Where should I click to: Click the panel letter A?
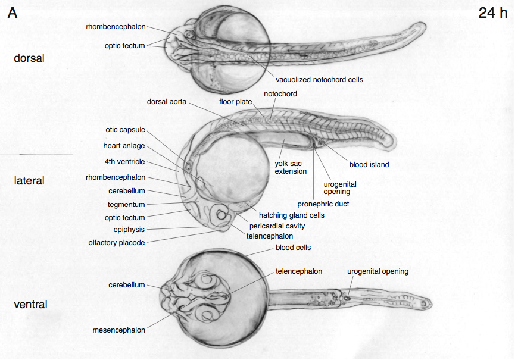pos(13,13)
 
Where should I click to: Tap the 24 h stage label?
pos(492,13)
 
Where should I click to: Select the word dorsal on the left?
pos(29,58)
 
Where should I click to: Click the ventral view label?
pos(30,305)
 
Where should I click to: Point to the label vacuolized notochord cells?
pos(319,79)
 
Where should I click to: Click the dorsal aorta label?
pos(167,102)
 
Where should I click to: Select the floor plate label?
pos(236,102)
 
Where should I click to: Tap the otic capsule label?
pos(125,130)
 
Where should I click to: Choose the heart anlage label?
pos(124,146)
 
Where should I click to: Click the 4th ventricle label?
pos(124,162)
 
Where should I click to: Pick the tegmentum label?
pos(126,205)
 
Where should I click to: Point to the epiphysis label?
pos(129,229)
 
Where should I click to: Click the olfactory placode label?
pos(116,242)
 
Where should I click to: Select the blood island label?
pos(369,165)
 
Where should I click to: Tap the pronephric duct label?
pos(323,204)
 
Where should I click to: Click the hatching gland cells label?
pos(292,215)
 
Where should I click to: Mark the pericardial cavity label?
pos(277,226)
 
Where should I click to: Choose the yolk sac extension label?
pos(291,167)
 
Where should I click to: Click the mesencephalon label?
pos(118,330)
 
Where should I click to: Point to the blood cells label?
pos(293,248)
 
